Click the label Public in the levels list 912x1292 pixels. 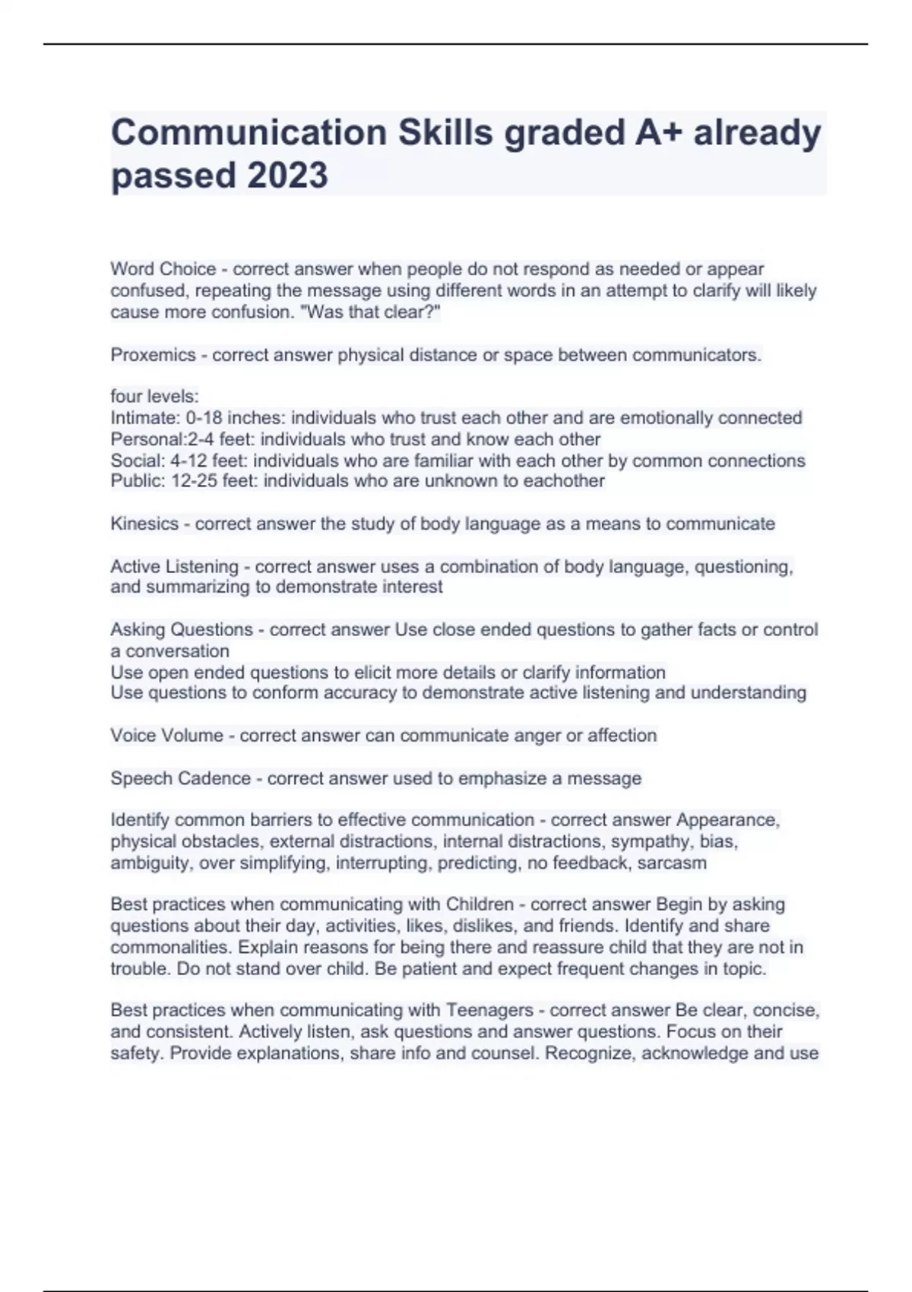pyautogui.click(x=135, y=481)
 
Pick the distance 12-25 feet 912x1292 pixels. pyautogui.click(x=213, y=481)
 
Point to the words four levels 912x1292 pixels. pyautogui.click(x=154, y=397)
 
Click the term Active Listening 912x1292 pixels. pyautogui.click(x=174, y=567)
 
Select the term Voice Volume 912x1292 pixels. pyautogui.click(x=166, y=736)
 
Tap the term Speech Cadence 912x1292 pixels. pyautogui.click(x=180, y=778)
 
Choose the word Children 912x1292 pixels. pyautogui.click(x=480, y=904)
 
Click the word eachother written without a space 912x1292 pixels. pyautogui.click(x=563, y=481)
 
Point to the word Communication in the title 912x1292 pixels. pyautogui.click(x=249, y=133)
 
